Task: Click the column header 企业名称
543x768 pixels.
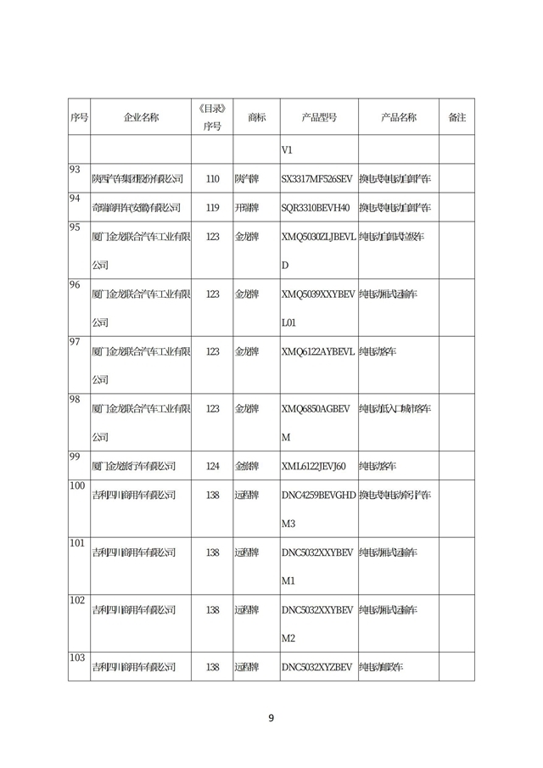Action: [141, 117]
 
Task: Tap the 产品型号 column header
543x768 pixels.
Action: [319, 117]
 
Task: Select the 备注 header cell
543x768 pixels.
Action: [456, 117]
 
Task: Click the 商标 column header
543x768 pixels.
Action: [257, 117]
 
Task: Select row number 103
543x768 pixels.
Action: [77, 658]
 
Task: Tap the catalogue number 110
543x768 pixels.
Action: [212, 179]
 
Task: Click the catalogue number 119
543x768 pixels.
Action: [212, 207]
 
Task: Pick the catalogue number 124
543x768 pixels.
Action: [212, 466]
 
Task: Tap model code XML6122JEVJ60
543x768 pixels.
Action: [314, 466]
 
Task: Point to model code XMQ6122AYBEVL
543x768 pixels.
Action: [318, 350]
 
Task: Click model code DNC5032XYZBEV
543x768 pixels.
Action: [316, 668]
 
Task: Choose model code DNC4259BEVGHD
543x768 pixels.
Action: [318, 495]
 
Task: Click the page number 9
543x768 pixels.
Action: [271, 718]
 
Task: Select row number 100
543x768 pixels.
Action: [77, 485]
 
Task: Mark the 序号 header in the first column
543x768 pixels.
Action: [79, 117]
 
